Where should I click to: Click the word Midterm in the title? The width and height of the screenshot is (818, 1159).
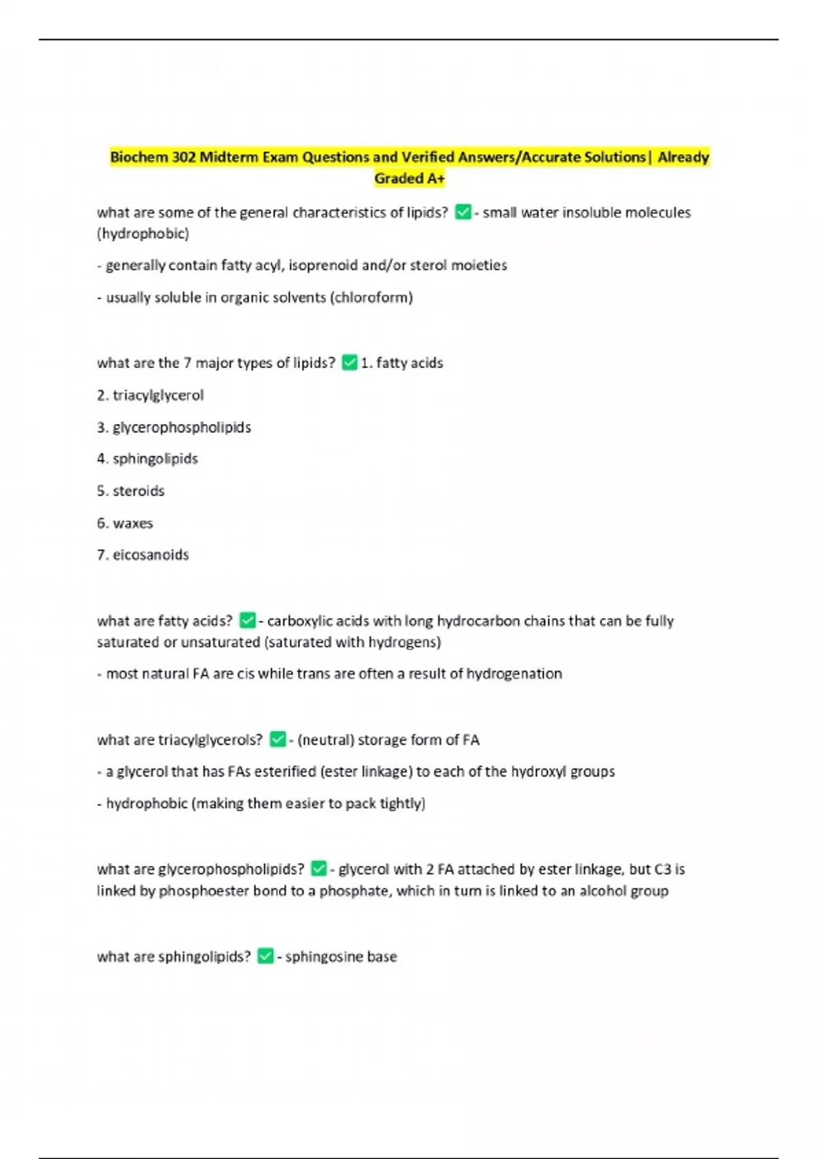(227, 157)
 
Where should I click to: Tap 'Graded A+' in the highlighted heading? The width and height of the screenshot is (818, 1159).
(409, 179)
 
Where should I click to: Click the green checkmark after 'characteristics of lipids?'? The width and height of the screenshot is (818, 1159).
(463, 213)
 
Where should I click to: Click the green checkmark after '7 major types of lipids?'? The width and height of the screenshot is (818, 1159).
(350, 363)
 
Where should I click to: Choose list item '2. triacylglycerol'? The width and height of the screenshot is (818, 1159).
(150, 395)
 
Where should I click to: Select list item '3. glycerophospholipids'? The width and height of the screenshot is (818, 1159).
(174, 427)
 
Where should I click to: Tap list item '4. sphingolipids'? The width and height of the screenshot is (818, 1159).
(147, 459)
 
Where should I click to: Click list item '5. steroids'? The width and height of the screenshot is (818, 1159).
(131, 491)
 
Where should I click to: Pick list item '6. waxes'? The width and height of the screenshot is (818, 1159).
(125, 523)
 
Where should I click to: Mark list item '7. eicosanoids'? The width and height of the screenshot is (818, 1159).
(142, 555)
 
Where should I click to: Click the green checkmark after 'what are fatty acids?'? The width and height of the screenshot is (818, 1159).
(247, 620)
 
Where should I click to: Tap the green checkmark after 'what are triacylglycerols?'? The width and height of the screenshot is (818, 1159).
(277, 740)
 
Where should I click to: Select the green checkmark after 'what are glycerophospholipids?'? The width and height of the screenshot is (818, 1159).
(318, 869)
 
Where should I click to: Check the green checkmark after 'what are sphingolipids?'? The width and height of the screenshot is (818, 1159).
(265, 957)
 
